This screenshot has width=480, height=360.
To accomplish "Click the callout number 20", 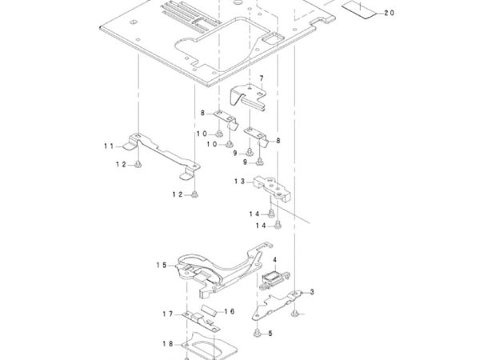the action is pyautogui.click(x=389, y=13).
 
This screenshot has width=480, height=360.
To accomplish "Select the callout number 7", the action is pyautogui.click(x=261, y=78).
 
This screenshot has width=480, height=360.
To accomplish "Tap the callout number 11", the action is pyautogui.click(x=109, y=146).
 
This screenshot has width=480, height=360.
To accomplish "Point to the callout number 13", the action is pyautogui.click(x=240, y=182).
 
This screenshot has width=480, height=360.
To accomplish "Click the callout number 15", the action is pyautogui.click(x=162, y=265).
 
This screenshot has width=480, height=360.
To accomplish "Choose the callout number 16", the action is pyautogui.click(x=230, y=311).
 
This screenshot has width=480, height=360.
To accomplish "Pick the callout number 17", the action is pyautogui.click(x=168, y=314).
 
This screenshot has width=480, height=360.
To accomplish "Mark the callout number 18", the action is pyautogui.click(x=168, y=344).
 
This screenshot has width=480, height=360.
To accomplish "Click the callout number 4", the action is pyautogui.click(x=274, y=260).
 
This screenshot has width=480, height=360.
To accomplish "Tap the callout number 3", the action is pyautogui.click(x=312, y=292).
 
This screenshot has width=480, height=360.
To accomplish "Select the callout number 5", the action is pyautogui.click(x=270, y=334).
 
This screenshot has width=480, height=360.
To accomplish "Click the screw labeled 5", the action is pyautogui.click(x=257, y=333).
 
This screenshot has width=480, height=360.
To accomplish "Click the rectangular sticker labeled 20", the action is pyautogui.click(x=358, y=10).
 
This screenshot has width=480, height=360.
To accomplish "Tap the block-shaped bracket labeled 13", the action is pyautogui.click(x=272, y=188).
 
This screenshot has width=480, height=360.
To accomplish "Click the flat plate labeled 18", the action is pyautogui.click(x=210, y=346).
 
